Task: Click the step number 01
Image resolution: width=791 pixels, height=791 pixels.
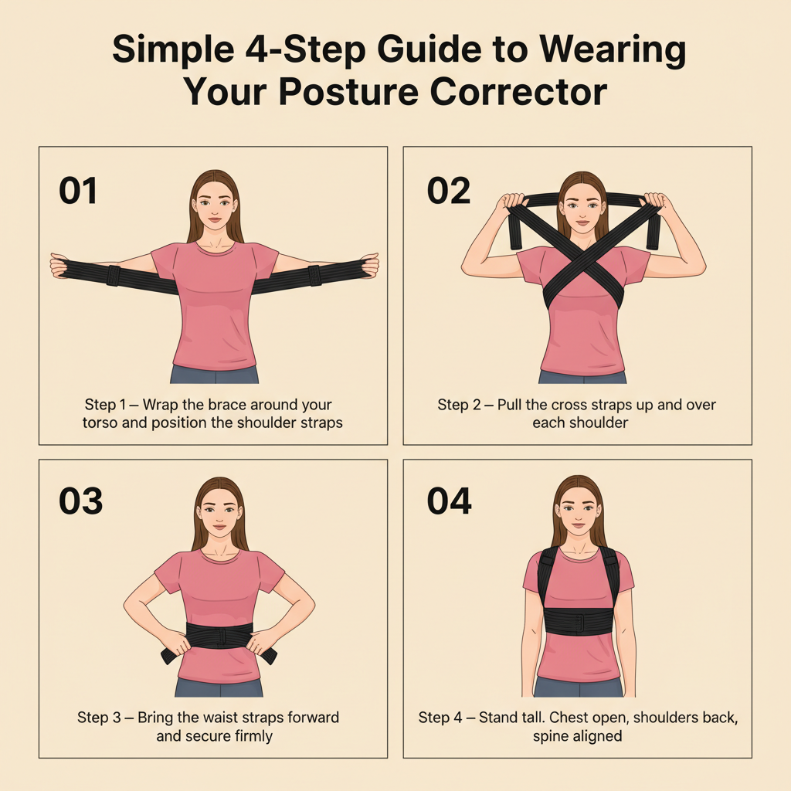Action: tap(78, 190)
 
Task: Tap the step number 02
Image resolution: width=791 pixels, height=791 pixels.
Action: tap(448, 190)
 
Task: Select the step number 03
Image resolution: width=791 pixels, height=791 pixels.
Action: tap(80, 501)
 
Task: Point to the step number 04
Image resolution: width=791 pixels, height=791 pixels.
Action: tap(450, 501)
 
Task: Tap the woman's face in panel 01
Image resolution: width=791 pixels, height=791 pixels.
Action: tap(214, 206)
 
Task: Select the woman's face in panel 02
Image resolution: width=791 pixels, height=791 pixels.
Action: tap(582, 208)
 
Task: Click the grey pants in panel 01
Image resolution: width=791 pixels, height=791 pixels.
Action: tap(215, 375)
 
